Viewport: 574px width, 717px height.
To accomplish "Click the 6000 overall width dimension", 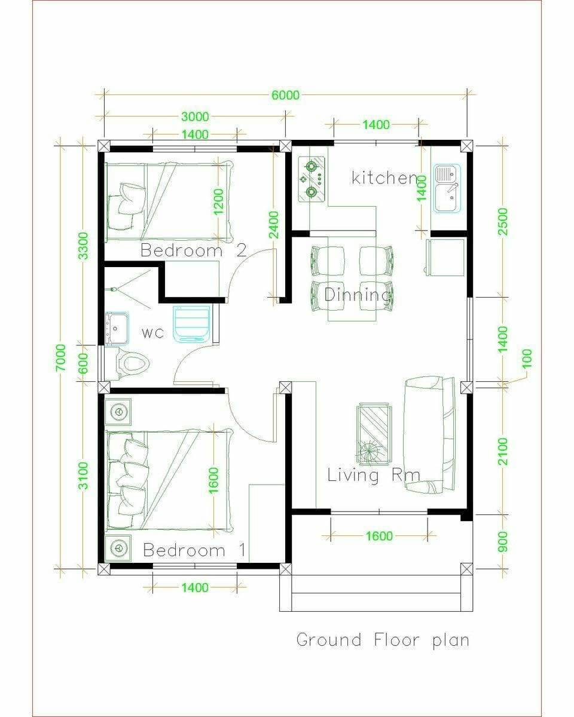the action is (285, 95).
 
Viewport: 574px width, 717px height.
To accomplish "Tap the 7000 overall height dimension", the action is (61, 358).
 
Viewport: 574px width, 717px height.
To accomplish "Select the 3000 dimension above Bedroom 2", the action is (195, 117).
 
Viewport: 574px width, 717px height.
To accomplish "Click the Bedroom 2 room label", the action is (194, 250).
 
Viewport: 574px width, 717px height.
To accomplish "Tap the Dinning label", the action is (357, 295).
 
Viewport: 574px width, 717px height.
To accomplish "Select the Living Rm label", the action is (374, 475).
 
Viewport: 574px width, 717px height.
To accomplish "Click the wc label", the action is (153, 333).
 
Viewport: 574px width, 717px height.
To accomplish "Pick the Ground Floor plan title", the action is (383, 640).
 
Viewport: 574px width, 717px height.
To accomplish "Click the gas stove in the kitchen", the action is (311, 179).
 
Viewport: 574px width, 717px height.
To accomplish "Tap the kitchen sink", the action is (447, 188).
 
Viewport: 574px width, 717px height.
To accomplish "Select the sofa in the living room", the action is (429, 435).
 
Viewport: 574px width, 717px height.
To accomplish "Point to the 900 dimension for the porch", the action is (503, 541).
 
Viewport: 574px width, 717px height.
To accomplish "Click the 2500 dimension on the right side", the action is (503, 222).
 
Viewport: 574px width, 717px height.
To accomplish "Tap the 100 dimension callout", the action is (527, 358).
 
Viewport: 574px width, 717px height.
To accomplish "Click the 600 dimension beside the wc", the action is (83, 363).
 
